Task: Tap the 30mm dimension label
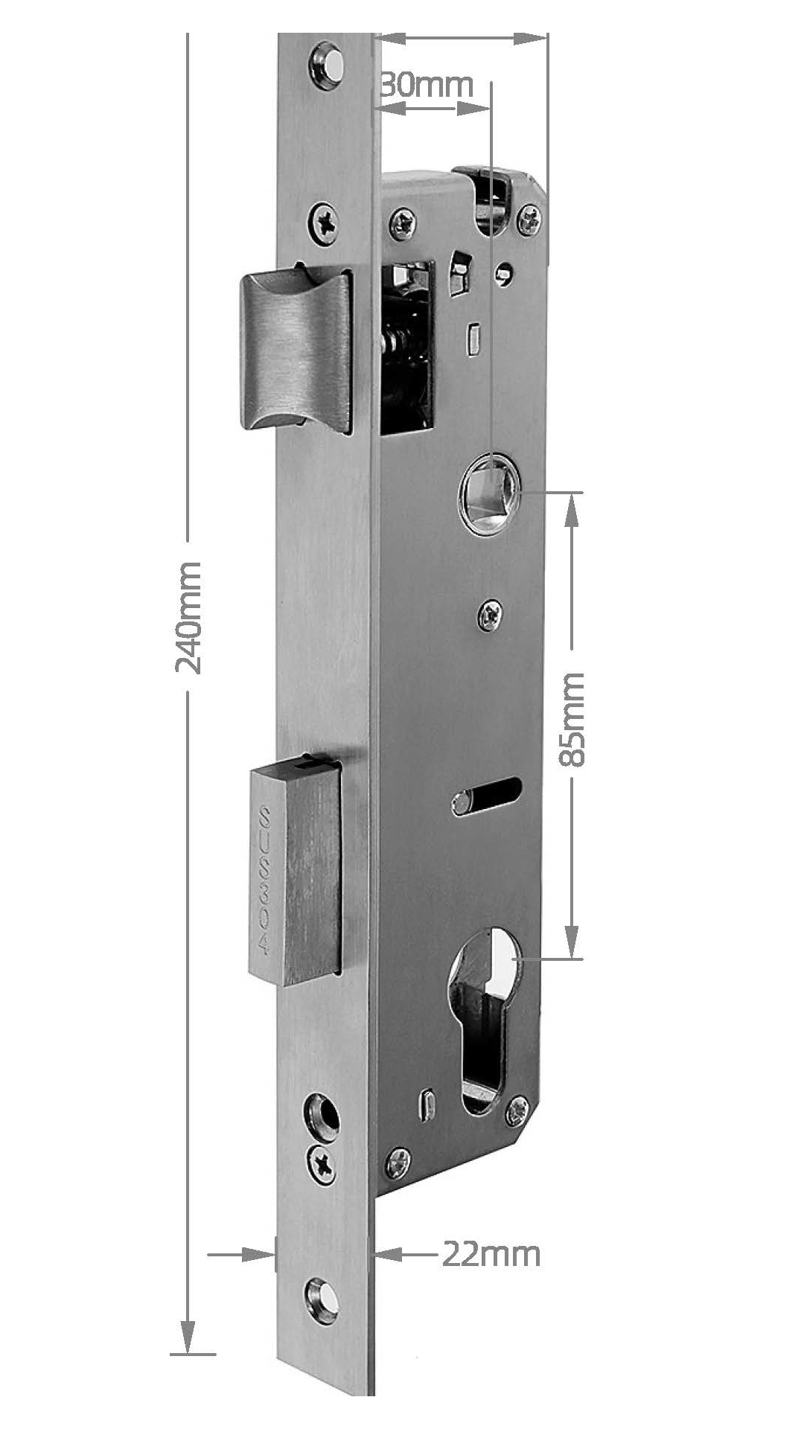click(426, 85)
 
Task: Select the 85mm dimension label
click(572, 719)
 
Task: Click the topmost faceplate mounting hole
click(326, 67)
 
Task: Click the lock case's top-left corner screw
click(403, 223)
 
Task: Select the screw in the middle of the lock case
click(489, 616)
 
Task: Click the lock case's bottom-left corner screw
click(398, 1163)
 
